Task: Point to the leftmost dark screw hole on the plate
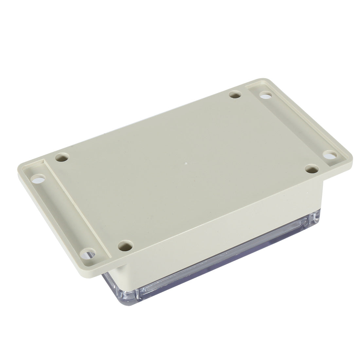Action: coord(63,157)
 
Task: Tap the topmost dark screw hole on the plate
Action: coord(234,95)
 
